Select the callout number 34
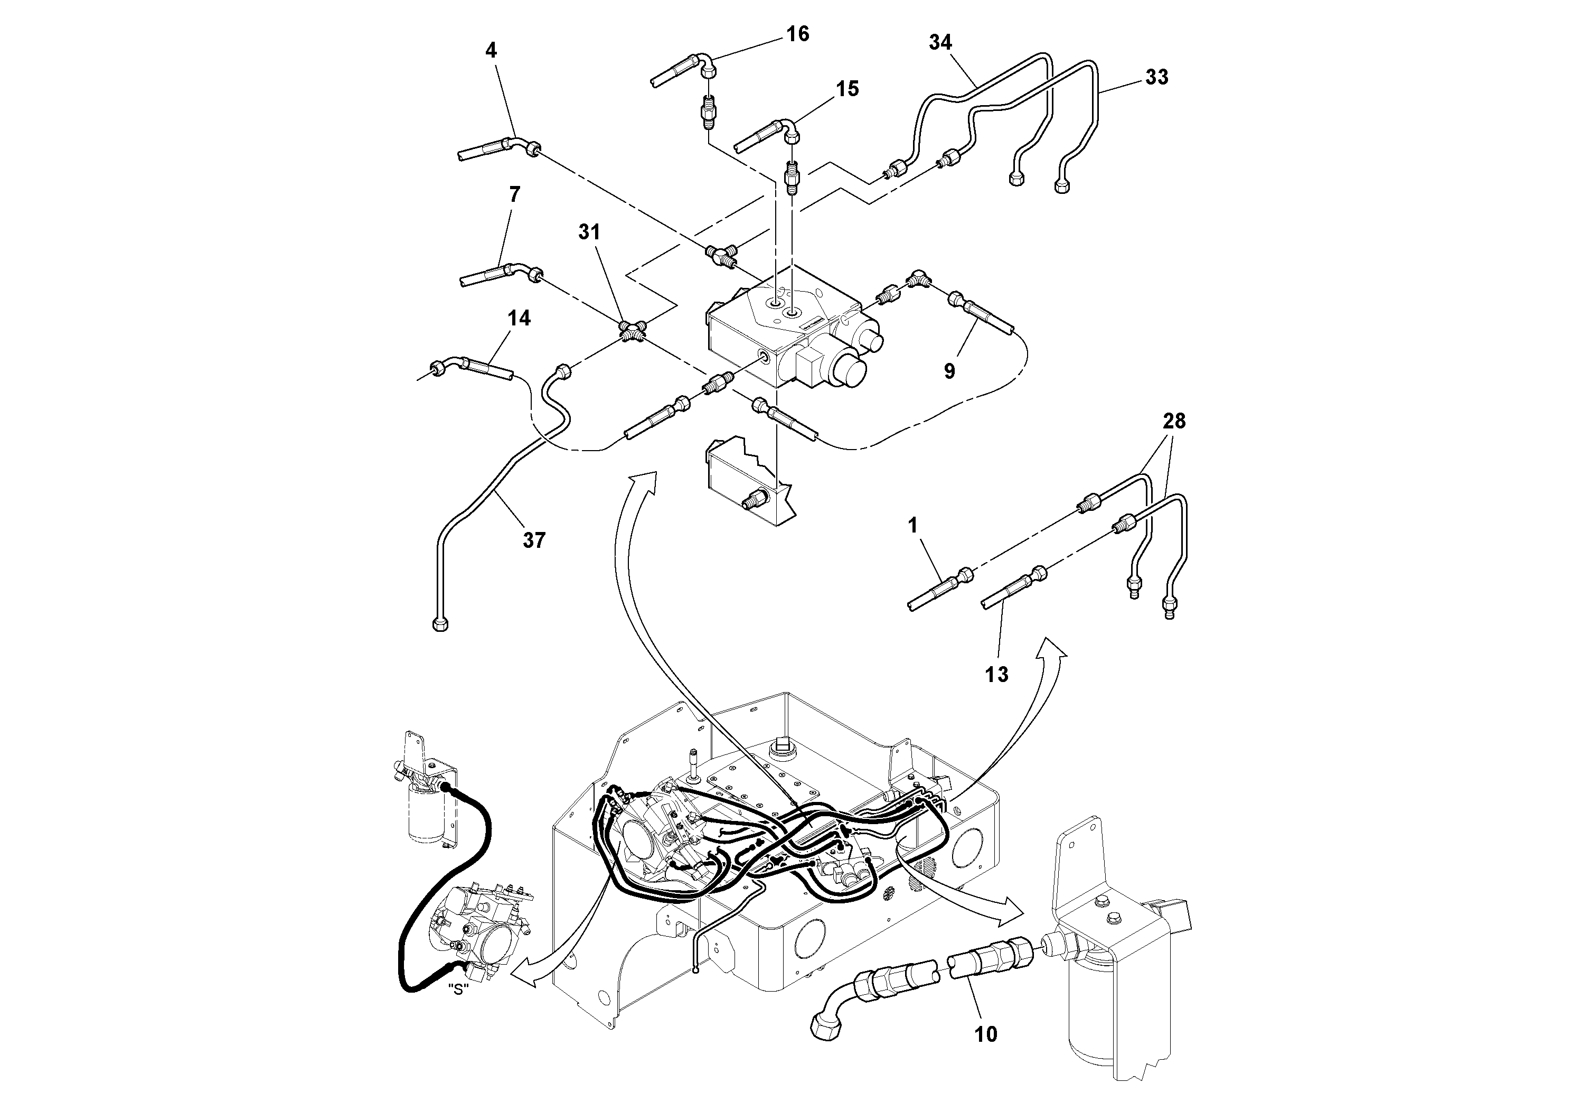[x=940, y=42]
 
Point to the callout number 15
[x=847, y=89]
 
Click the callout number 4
[x=491, y=50]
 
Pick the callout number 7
[x=515, y=194]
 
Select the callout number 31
[x=589, y=232]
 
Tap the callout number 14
[x=519, y=318]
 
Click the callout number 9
[x=949, y=370]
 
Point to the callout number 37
[x=534, y=540]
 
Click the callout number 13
[x=997, y=675]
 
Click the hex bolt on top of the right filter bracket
[x=1103, y=903]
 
